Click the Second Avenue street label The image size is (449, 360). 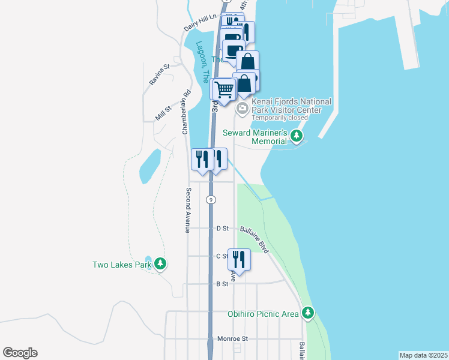(188, 211)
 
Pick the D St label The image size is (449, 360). (222, 229)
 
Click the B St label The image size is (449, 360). (222, 284)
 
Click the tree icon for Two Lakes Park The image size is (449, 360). (160, 263)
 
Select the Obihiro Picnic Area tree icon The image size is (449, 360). (308, 313)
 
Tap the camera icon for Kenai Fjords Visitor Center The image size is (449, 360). (242, 109)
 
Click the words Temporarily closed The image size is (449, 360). (280, 118)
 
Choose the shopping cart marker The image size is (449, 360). (224, 90)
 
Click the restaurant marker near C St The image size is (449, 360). (239, 259)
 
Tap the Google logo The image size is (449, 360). (20, 353)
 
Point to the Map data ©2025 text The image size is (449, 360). (423, 355)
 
